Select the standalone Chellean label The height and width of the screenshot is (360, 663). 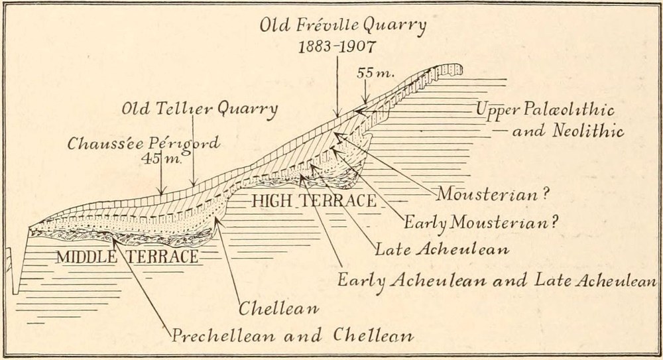point(279,308)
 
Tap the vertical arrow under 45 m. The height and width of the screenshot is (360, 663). point(161,179)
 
